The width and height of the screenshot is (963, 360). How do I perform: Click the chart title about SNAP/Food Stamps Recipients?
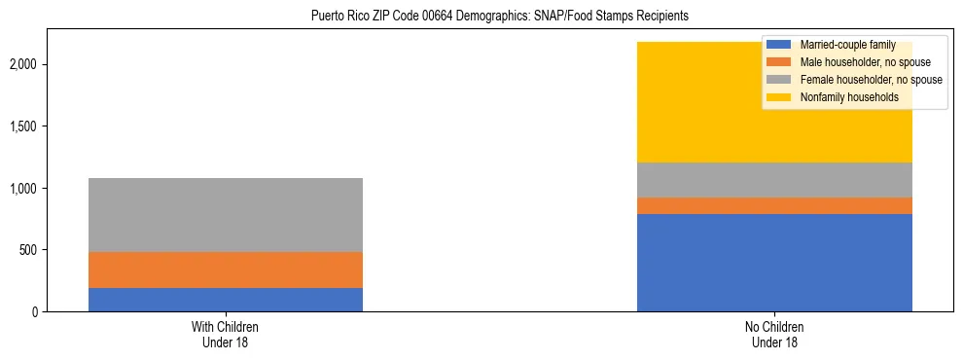coord(499,17)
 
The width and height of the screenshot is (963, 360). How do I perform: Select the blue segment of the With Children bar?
coord(226,300)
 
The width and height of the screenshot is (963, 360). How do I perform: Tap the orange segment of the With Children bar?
coord(226,270)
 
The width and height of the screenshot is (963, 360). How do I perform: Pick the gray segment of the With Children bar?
coord(226,215)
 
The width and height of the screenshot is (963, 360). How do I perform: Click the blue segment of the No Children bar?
coord(774,263)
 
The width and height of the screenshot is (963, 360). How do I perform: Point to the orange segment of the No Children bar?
coord(774,205)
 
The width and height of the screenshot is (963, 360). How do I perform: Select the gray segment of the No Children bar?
coord(774,180)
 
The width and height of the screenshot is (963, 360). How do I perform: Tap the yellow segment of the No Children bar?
coord(700,107)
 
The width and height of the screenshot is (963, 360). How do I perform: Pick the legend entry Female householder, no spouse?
coord(863,80)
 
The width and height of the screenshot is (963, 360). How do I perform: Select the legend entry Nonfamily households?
coord(842,97)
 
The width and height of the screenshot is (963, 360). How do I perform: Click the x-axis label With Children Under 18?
coord(226,335)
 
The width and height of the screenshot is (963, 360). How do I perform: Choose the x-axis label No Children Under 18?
coord(774,335)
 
